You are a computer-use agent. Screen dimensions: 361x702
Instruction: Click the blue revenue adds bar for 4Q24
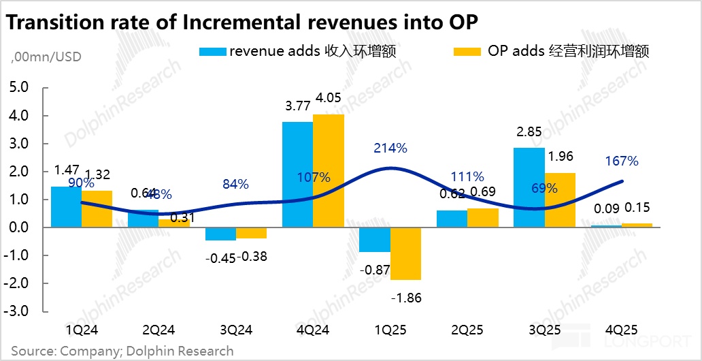(297, 174)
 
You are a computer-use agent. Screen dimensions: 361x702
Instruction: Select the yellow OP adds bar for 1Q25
(405, 253)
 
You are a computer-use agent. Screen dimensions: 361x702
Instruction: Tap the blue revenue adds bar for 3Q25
(529, 187)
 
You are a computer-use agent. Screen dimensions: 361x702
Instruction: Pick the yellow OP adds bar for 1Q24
(97, 209)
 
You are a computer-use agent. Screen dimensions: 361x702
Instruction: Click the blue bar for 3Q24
(220, 234)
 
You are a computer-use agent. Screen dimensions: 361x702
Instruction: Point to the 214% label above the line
(390, 148)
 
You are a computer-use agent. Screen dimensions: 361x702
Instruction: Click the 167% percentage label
(622, 161)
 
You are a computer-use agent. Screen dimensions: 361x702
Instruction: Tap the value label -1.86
(406, 298)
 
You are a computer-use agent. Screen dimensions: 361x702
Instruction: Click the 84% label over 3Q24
(235, 184)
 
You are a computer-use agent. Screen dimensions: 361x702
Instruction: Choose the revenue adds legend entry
(297, 52)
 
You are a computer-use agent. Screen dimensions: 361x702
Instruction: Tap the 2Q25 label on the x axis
(467, 330)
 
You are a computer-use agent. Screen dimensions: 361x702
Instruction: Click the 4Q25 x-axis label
(620, 330)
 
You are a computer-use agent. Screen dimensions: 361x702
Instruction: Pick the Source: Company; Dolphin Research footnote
(122, 351)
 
